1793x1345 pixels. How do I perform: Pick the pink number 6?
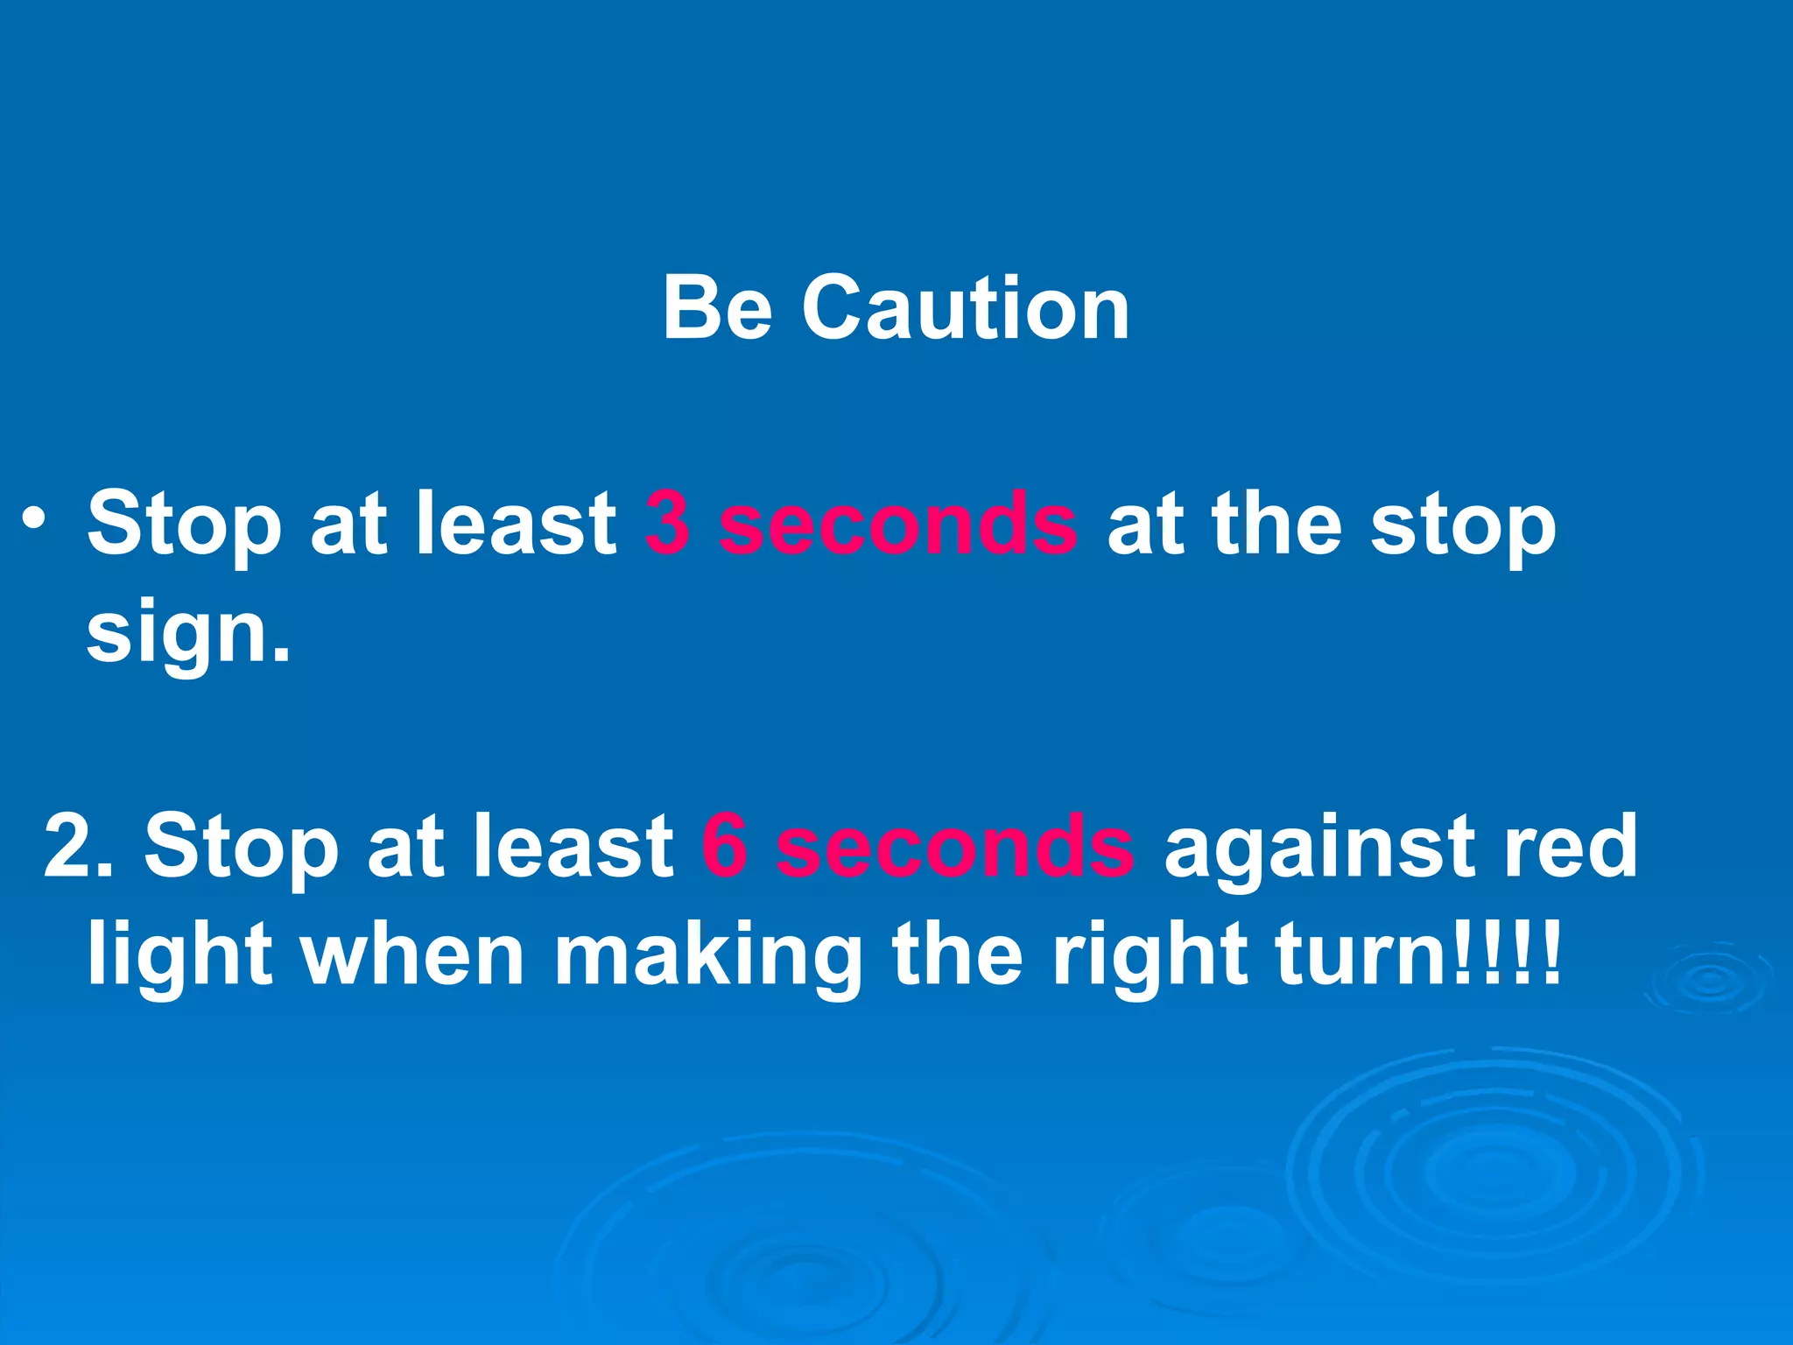point(724,846)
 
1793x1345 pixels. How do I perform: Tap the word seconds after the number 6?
point(955,846)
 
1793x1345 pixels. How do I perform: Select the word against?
point(1318,846)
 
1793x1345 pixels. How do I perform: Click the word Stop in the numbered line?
point(241,846)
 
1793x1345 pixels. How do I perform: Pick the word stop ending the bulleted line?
point(1462,525)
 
